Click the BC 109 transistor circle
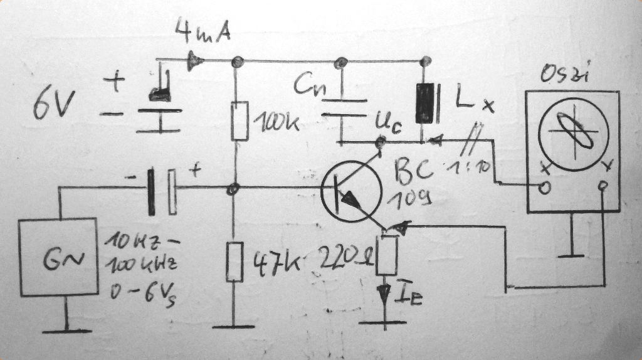[x=350, y=191]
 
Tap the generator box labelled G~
[x=58, y=257]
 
